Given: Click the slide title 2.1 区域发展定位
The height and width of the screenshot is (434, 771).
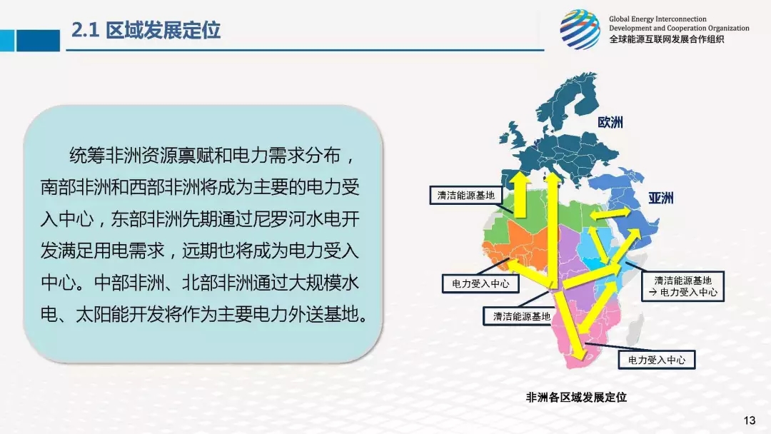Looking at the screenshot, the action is point(146,31).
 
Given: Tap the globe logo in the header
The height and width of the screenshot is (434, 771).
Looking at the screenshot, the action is point(580,29).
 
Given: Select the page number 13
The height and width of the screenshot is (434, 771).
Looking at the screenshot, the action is point(749,420).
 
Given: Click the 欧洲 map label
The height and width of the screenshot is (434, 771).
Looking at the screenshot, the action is point(610,122).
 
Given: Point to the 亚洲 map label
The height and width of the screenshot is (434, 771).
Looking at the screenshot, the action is point(660,198).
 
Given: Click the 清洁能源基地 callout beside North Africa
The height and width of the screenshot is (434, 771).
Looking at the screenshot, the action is point(465,195).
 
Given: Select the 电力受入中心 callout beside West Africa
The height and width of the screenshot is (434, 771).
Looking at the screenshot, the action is point(480,283).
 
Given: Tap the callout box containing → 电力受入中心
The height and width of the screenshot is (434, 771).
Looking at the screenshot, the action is point(682,286).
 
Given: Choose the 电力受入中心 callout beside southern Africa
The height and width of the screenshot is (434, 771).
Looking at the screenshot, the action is point(657,360).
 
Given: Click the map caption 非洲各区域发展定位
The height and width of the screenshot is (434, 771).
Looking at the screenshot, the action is point(576,397).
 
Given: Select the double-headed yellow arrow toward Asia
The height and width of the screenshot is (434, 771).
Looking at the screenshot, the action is point(610,213).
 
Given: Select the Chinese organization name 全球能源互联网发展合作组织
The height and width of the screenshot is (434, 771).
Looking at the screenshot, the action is point(666,39).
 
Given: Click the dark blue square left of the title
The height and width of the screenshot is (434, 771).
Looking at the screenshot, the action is point(38,40).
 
